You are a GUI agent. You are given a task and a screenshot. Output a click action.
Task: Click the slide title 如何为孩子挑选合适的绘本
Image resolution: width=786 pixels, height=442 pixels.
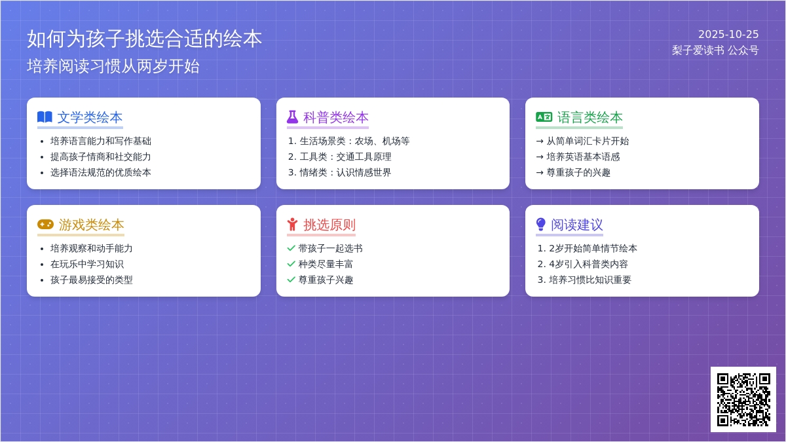[x=144, y=39]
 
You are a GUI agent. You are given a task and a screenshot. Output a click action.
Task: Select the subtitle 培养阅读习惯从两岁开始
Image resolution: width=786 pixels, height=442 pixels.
[x=113, y=67]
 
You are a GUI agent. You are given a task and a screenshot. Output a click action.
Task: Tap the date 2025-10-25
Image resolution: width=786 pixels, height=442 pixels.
[x=728, y=35]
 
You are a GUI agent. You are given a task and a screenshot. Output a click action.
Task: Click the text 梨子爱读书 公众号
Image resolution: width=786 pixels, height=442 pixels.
[x=715, y=50]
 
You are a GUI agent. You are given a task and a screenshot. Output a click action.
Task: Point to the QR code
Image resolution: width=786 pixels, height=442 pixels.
[x=743, y=399]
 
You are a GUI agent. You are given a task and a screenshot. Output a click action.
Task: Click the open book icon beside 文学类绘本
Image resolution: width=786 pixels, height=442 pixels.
[x=45, y=117]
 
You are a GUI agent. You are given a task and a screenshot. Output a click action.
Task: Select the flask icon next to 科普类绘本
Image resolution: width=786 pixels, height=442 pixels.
[x=292, y=117]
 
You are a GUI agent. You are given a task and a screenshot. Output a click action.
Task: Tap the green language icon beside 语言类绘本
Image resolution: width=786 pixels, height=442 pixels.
[x=544, y=117]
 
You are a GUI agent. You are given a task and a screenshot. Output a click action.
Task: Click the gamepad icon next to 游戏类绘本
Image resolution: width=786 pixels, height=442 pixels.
[x=45, y=225]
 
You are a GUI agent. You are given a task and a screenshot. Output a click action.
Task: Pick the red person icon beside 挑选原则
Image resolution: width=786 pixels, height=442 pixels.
[x=292, y=225]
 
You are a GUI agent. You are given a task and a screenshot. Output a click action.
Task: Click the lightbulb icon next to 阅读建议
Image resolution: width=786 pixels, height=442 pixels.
[x=540, y=225]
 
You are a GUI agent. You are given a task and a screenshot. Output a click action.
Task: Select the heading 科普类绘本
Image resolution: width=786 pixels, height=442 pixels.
[x=335, y=118]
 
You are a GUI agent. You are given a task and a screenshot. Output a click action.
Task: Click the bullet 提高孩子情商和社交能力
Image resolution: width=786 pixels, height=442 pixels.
[x=100, y=157]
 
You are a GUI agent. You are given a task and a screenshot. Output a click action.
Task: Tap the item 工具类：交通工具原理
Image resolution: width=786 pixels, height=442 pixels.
[x=345, y=157]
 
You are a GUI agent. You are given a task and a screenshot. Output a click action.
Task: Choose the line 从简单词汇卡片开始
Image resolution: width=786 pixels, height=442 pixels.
[x=588, y=141]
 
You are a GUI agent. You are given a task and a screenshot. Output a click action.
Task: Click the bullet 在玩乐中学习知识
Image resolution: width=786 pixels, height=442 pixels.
[x=86, y=265]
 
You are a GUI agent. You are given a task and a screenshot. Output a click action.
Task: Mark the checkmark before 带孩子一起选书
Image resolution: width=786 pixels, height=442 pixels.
[x=291, y=249]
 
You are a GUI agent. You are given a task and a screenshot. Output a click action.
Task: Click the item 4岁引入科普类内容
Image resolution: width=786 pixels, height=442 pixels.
[x=588, y=265]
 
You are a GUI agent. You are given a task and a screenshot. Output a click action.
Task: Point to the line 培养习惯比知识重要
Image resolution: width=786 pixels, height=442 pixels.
[x=589, y=280]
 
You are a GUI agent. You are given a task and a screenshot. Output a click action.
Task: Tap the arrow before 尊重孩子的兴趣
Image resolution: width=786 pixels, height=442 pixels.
[x=540, y=173]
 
